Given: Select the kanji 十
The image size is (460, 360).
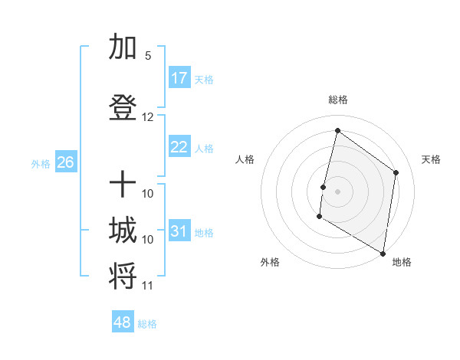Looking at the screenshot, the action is coord(123,185).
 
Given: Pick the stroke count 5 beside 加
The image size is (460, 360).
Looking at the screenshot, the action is coord(148,56).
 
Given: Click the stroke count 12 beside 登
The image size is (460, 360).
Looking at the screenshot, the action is coord(148,117).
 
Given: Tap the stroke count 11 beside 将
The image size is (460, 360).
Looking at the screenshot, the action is coord(148,286).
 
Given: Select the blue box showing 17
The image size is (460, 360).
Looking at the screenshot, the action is coord(179,78).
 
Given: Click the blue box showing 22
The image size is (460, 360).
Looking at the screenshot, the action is coord(179,147).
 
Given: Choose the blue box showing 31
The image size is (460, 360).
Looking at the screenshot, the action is coord(179,231).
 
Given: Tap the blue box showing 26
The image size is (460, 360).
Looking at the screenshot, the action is coord(65,162).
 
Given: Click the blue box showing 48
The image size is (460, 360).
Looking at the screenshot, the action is coord(123,322).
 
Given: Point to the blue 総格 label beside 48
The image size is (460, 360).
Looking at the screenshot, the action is coord(147,324).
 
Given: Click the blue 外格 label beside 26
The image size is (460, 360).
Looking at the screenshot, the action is coord(41,163).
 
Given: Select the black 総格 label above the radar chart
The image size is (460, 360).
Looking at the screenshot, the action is coord(337,100).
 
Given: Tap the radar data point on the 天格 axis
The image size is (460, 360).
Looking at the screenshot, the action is coord(396,172).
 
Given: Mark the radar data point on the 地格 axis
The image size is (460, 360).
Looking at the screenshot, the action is coord(383,253).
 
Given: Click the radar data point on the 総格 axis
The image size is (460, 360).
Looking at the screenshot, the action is coord(337,130).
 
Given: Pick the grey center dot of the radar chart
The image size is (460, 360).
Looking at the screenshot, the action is coord(337,191).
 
